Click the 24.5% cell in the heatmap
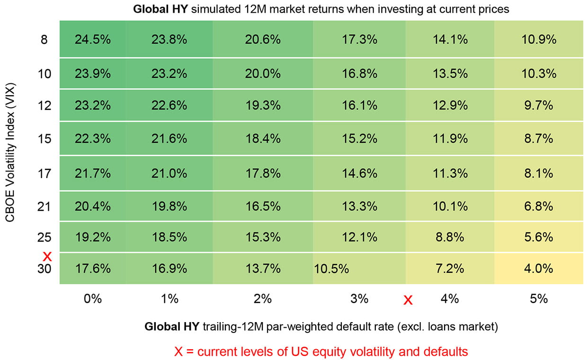pyautogui.click(x=93, y=40)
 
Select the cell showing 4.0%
pyautogui.click(x=538, y=269)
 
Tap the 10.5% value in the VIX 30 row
pyautogui.click(x=331, y=269)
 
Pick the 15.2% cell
pyautogui.click(x=359, y=139)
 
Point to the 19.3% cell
pyautogui.click(x=263, y=105)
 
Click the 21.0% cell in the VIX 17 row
pyautogui.click(x=169, y=174)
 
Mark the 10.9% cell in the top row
pyautogui.click(x=538, y=40)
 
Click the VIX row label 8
pyautogui.click(x=44, y=40)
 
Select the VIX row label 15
pyautogui.click(x=44, y=139)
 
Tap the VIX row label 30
pyautogui.click(x=44, y=269)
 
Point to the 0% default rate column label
pyautogui.click(x=93, y=299)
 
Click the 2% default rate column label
pyautogui.click(x=263, y=299)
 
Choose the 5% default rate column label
pyautogui.click(x=538, y=299)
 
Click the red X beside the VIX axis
pyautogui.click(x=47, y=257)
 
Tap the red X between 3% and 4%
pyautogui.click(x=408, y=300)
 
